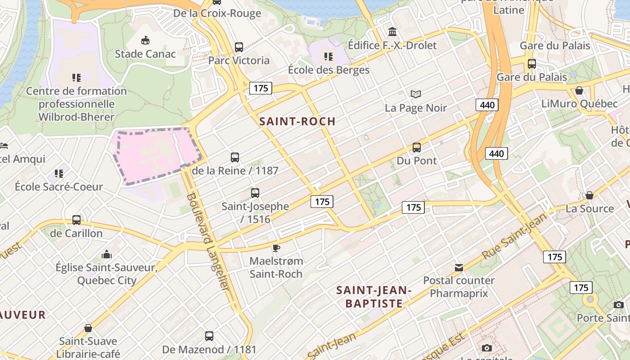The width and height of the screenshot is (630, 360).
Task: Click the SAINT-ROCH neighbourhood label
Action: pyautogui.click(x=297, y=121)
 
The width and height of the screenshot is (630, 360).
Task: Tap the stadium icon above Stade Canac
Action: pyautogui.click(x=145, y=41)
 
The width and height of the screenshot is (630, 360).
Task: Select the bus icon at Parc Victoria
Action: pyautogui.click(x=239, y=47)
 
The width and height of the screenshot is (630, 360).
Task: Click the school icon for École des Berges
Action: pyautogui.click(x=328, y=57)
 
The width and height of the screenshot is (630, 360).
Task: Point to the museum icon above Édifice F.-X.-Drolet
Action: pyautogui.click(x=392, y=32)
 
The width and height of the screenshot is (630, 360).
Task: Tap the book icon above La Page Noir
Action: pyautogui.click(x=416, y=94)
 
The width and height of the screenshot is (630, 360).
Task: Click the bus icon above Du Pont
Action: pyautogui.click(x=417, y=147)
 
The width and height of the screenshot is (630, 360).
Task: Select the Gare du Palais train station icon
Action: pyautogui.click(x=531, y=63)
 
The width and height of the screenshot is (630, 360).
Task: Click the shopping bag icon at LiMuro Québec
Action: pyautogui.click(x=579, y=90)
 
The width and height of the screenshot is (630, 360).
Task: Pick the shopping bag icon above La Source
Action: pyautogui.click(x=589, y=195)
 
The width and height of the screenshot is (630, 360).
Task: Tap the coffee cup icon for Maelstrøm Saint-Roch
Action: pyautogui.click(x=276, y=247)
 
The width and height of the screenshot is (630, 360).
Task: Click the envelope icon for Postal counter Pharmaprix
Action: pyautogui.click(x=459, y=268)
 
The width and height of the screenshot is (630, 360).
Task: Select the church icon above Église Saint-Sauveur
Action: pyautogui.click(x=106, y=254)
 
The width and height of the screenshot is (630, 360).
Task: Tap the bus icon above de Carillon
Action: pyautogui.click(x=76, y=220)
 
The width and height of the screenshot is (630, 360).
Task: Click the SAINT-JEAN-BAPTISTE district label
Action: pyautogui.click(x=374, y=297)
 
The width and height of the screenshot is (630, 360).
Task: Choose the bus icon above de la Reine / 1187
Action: pyautogui.click(x=235, y=157)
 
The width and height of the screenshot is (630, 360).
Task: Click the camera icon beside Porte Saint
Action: pyautogui.click(x=619, y=305)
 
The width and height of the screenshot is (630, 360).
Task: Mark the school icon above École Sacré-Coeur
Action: pyautogui.click(x=58, y=173)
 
